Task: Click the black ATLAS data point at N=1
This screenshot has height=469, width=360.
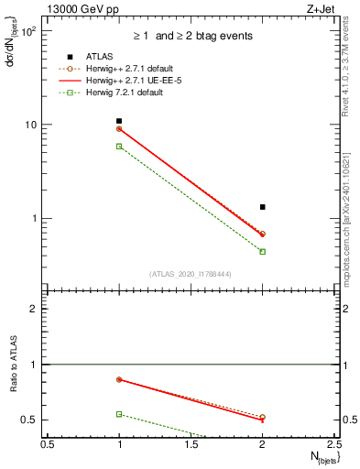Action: click(119, 121)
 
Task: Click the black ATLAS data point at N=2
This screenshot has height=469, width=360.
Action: click(263, 207)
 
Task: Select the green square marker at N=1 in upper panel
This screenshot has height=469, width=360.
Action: click(119, 147)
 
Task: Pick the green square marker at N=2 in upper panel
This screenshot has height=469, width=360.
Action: click(263, 251)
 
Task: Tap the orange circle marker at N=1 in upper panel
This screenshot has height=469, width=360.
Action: click(119, 129)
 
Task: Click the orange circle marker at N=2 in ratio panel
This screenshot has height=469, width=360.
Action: click(263, 417)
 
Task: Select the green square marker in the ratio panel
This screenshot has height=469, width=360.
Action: click(119, 414)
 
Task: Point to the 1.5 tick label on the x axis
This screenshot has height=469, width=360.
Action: click(191, 444)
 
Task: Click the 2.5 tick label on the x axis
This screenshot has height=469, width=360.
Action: click(334, 444)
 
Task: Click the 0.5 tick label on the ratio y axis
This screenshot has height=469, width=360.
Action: click(34, 420)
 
